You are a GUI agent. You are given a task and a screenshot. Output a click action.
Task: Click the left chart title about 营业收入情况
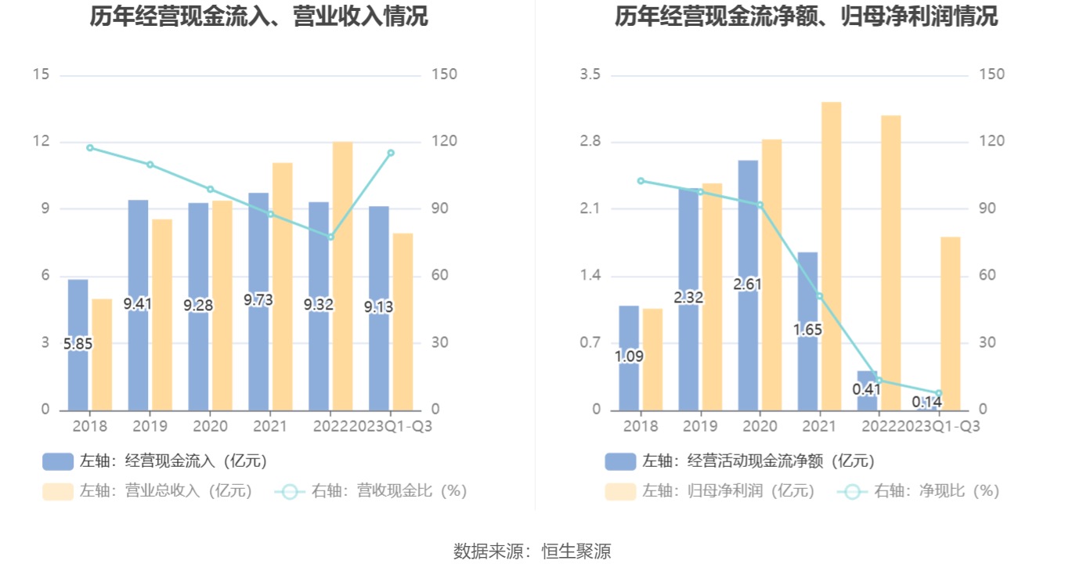pyautogui.click(x=259, y=16)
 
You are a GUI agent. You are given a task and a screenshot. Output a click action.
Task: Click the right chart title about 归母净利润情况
pyautogui.click(x=806, y=16)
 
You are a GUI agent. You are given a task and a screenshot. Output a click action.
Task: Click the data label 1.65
pyautogui.click(x=807, y=330)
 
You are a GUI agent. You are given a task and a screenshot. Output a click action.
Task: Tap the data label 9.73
pyautogui.click(x=258, y=300)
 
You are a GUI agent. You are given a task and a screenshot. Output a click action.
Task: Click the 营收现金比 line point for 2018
pyautogui.click(x=90, y=147)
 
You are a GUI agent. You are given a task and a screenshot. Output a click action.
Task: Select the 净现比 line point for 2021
pyautogui.click(x=820, y=296)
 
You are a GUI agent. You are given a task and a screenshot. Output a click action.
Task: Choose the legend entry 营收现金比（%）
pyautogui.click(x=371, y=491)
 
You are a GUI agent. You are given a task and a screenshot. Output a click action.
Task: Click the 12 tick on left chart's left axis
pyautogui.click(x=41, y=142)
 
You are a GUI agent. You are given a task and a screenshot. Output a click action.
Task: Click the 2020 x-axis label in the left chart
pyautogui.click(x=210, y=426)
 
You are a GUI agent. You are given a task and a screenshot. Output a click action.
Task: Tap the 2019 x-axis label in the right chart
pyautogui.click(x=700, y=426)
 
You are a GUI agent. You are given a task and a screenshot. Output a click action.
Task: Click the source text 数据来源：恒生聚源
pyautogui.click(x=532, y=551)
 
